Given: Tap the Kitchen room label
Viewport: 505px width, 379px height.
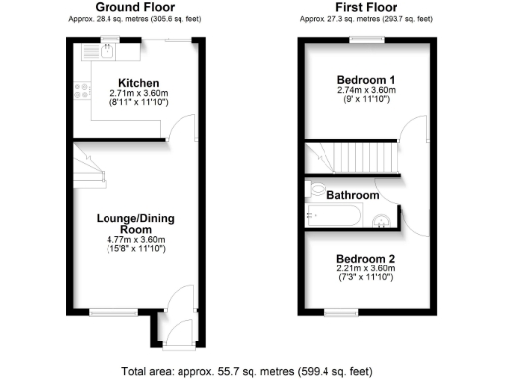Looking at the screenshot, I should click(x=138, y=82).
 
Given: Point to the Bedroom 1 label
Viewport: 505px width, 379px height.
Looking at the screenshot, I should click(x=366, y=79).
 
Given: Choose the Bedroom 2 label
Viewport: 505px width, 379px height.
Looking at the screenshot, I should click(x=366, y=261).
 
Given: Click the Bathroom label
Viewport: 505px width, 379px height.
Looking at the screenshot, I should click(x=353, y=195).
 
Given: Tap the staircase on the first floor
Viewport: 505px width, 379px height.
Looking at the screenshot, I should click(x=350, y=156).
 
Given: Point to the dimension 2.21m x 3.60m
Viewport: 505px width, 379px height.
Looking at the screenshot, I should click(x=366, y=271).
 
